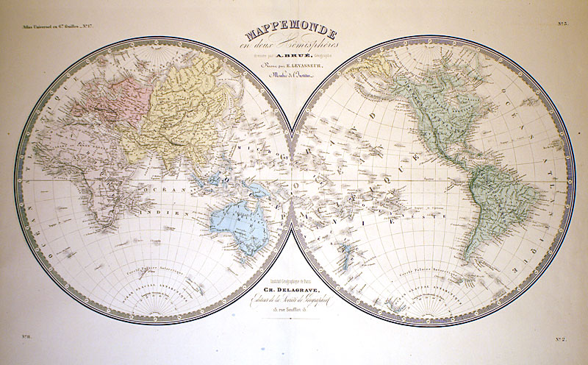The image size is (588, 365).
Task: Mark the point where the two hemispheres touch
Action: point(293,182)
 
